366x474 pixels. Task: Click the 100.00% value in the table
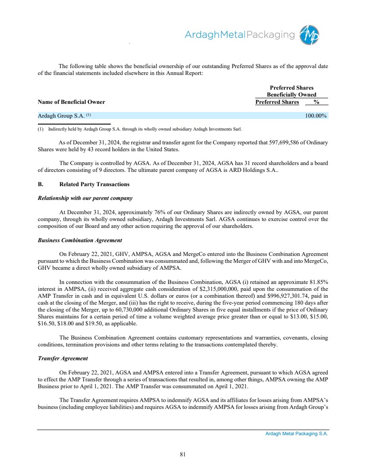pos(316,116)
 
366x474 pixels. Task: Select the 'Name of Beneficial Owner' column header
pos(72,102)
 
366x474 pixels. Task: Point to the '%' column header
pos(316,102)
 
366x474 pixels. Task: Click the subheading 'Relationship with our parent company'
pos(85,198)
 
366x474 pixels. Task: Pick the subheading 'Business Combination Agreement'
pos(80,240)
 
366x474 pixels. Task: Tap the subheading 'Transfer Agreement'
pos(63,358)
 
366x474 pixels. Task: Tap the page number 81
pos(183,454)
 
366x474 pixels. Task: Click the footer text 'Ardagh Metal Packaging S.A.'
pos(297,434)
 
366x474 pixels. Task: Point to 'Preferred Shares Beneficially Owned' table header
pos(291,91)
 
